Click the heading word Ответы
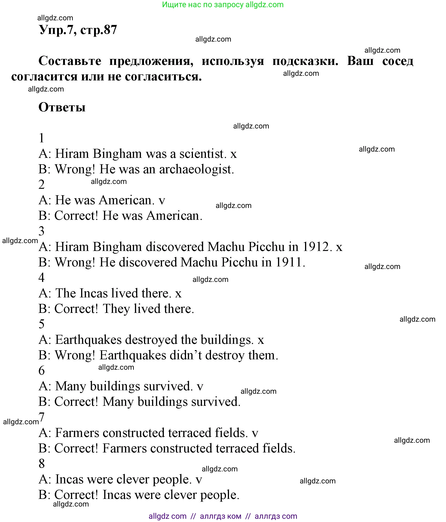[x=62, y=107]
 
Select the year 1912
[x=316, y=247]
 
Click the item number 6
[x=42, y=371]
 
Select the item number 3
[x=42, y=231]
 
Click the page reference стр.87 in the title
[x=98, y=30]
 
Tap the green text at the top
[x=223, y=5]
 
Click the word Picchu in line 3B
[x=239, y=262]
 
